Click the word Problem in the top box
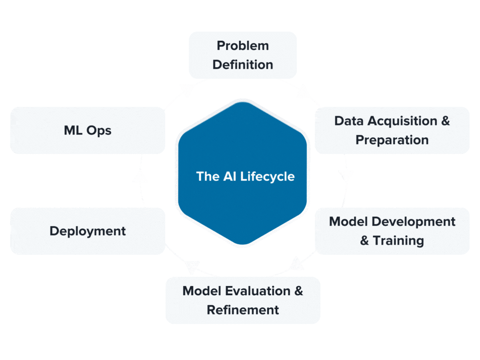pyautogui.click(x=242, y=46)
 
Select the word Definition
pyautogui.click(x=242, y=65)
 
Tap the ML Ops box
pyautogui.click(x=88, y=130)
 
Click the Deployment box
pyautogui.click(x=88, y=231)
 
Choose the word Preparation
pyautogui.click(x=392, y=140)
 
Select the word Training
pyautogui.click(x=398, y=241)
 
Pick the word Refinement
pyautogui.click(x=243, y=310)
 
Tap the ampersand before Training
pyautogui.click(x=364, y=241)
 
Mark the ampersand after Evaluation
pyautogui.click(x=298, y=291)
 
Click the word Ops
pyautogui.click(x=99, y=131)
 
